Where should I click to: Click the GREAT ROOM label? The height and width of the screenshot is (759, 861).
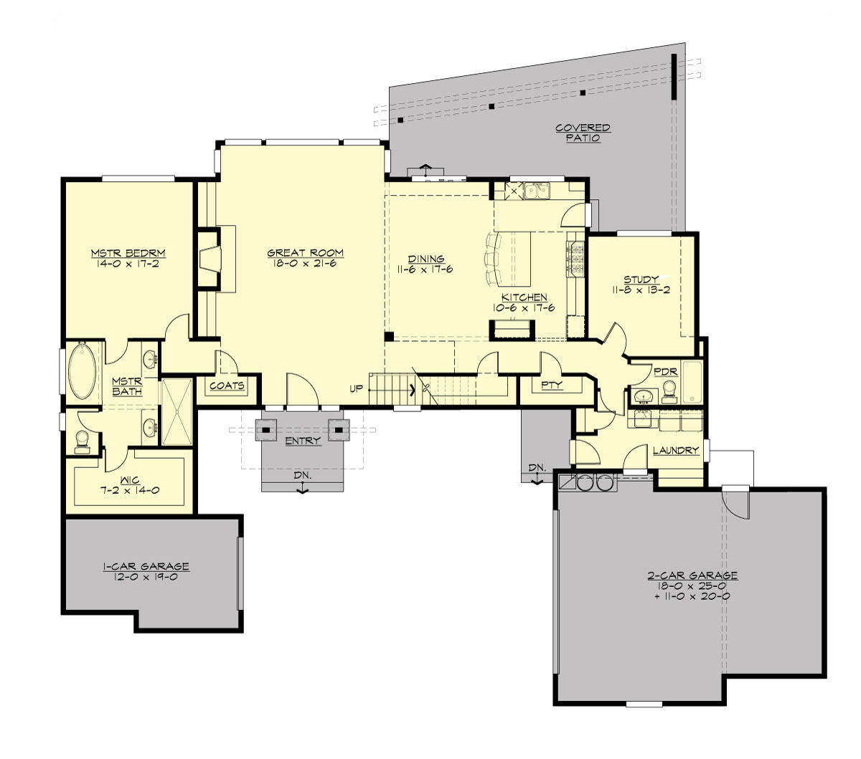[x=305, y=253]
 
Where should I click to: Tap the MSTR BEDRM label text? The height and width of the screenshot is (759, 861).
[x=128, y=253]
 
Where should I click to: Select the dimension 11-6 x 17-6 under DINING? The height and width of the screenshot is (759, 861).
[x=426, y=269]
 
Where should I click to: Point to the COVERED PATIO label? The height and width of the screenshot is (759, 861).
[x=583, y=133]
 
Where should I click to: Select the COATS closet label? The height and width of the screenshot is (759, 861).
[x=227, y=386]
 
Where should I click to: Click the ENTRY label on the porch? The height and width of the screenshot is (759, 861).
[x=303, y=441]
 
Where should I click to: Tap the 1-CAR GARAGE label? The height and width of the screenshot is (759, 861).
[x=146, y=566]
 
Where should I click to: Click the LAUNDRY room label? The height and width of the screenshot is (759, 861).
[x=675, y=451]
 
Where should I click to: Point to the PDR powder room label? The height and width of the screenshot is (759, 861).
[x=661, y=372]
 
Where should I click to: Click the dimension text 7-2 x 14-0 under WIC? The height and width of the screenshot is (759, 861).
[x=130, y=491]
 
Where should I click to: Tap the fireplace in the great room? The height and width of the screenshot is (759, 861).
[x=209, y=258]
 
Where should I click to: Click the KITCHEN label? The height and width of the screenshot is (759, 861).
[x=524, y=297]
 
